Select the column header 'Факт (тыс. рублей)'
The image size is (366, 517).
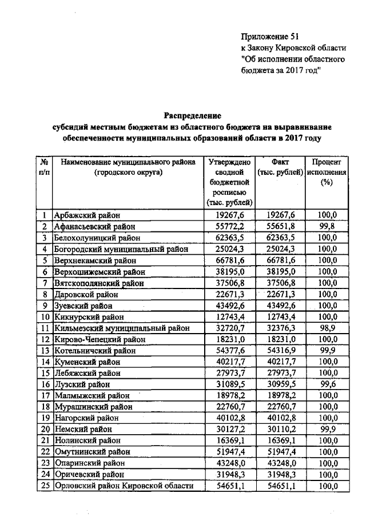(280, 167)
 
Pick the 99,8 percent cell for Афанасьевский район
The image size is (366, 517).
(327, 226)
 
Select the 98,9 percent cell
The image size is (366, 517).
(327, 328)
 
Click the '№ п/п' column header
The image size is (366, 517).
(43, 167)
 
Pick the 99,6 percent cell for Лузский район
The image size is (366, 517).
(327, 384)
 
